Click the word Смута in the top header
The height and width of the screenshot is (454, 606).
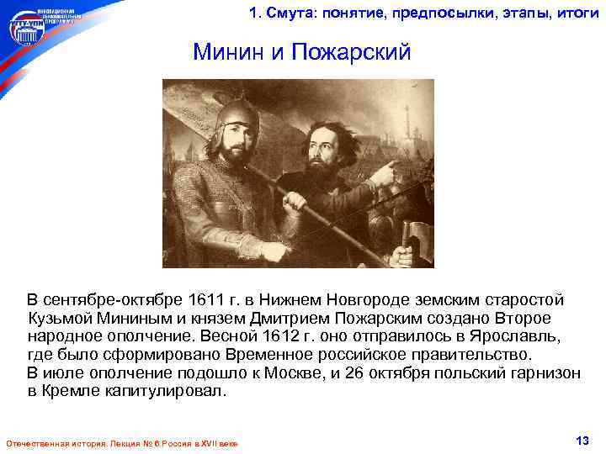290,12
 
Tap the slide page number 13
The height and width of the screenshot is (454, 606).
580,441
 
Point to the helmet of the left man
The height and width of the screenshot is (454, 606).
231,113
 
